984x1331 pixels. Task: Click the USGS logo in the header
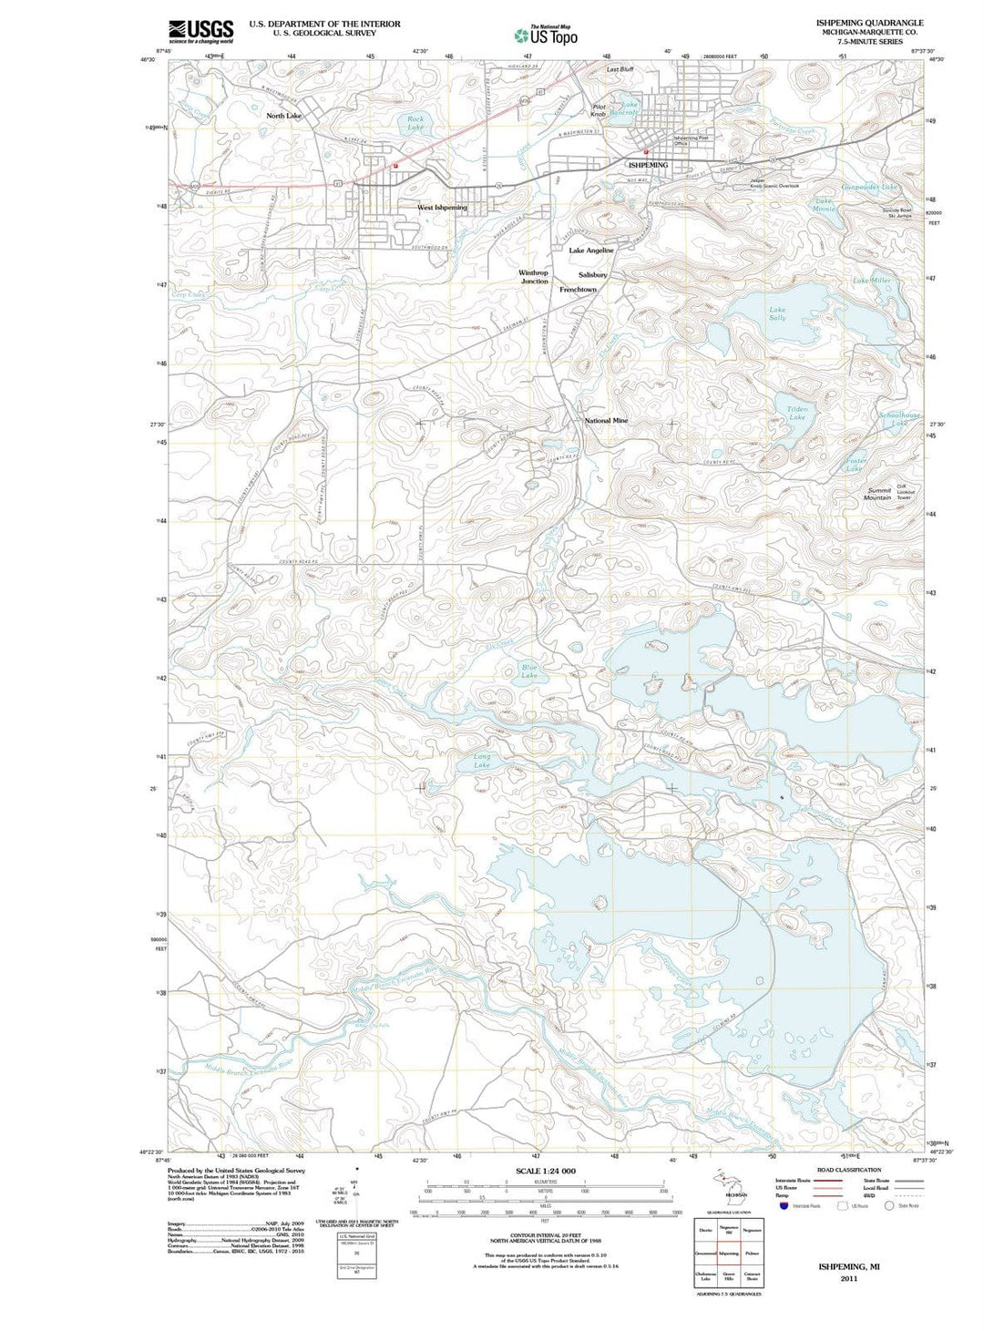(x=200, y=31)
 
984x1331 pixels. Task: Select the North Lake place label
(x=283, y=117)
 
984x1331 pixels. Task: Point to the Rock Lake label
(x=415, y=123)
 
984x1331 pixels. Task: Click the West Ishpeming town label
(x=442, y=208)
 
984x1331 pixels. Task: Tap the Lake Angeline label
(x=591, y=251)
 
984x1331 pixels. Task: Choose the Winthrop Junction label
(x=534, y=277)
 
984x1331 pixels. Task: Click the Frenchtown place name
(x=578, y=290)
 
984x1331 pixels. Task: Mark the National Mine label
(x=606, y=421)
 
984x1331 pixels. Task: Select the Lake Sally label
(x=777, y=313)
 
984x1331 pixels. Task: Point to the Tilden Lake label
(x=797, y=414)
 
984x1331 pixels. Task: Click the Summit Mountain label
(x=878, y=494)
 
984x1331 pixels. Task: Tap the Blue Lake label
(x=529, y=671)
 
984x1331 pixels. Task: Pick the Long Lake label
(x=482, y=761)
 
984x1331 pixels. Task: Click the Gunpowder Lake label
(x=869, y=187)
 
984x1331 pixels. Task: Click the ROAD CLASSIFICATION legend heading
(x=849, y=1170)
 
